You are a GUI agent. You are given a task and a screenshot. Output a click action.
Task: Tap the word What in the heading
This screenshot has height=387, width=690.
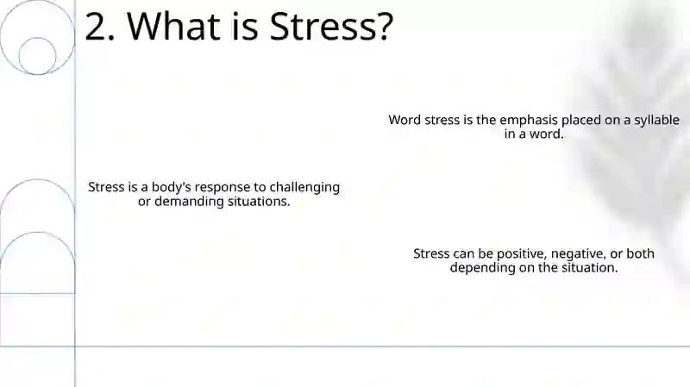174,27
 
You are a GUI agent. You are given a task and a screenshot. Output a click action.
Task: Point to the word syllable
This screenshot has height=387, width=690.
656,121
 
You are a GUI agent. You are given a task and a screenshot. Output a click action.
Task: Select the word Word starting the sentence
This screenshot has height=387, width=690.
405,120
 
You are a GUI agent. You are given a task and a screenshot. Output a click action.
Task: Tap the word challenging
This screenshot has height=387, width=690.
304,187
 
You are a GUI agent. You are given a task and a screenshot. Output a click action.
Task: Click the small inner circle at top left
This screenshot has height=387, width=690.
37,38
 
